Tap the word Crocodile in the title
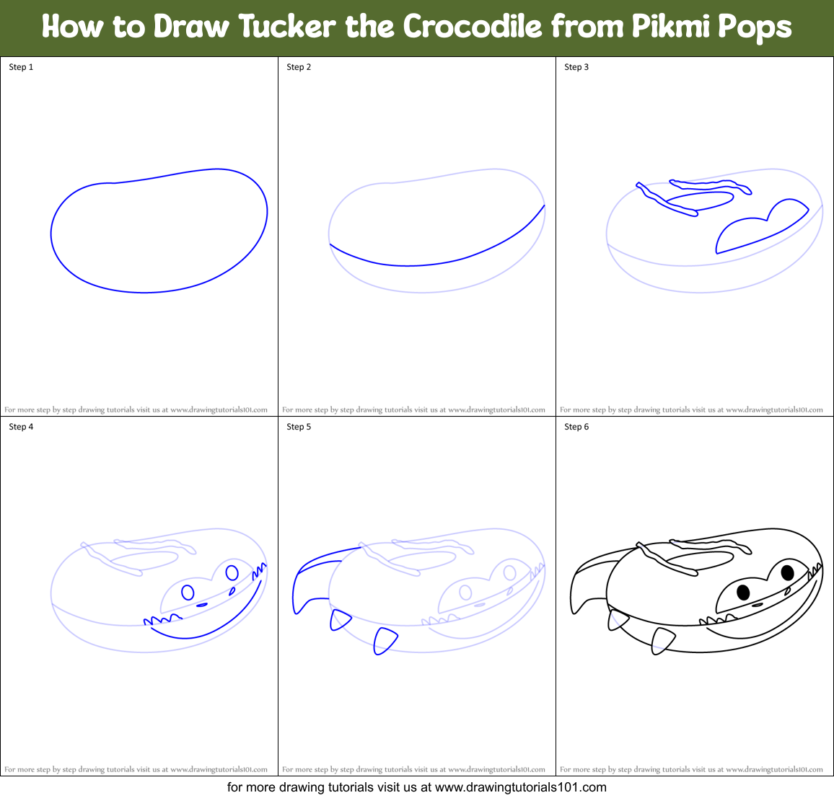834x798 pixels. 473,27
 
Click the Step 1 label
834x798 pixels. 21,67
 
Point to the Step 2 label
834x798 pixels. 299,67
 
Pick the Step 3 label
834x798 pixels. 576,67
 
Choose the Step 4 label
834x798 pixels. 21,427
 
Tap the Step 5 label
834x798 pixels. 299,427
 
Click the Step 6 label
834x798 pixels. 576,427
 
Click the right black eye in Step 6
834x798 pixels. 787,573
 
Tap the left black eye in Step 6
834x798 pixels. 743,593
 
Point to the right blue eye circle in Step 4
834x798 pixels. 232,573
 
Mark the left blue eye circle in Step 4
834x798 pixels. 188,593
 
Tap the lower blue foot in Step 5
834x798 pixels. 385,640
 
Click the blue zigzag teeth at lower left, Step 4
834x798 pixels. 162,619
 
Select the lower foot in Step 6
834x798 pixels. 662,640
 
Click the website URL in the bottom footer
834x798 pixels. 521,787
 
